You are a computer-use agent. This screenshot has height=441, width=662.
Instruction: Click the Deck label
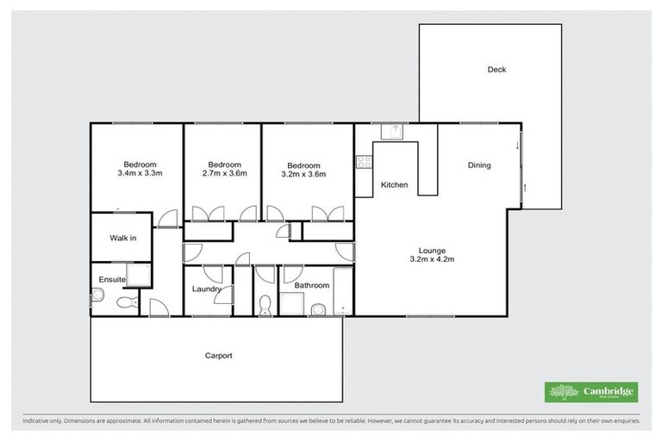coord(496,70)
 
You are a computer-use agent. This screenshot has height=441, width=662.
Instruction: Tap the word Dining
coord(479,165)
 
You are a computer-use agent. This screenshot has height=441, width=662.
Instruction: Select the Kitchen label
coord(394,185)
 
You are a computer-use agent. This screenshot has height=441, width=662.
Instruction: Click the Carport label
coord(218,355)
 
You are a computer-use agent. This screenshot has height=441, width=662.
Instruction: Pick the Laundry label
coord(207,289)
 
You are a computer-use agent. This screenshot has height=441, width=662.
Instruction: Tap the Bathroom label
coord(311,285)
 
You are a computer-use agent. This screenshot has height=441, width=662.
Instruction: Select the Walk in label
coord(122,238)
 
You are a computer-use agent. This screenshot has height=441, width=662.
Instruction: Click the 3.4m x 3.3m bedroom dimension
coord(140,173)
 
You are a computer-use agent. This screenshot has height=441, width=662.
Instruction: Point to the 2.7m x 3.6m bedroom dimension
coord(224,173)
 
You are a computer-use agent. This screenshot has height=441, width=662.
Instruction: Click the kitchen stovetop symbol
coord(363,160)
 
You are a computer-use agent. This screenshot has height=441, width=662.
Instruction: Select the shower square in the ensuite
coord(140,274)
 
